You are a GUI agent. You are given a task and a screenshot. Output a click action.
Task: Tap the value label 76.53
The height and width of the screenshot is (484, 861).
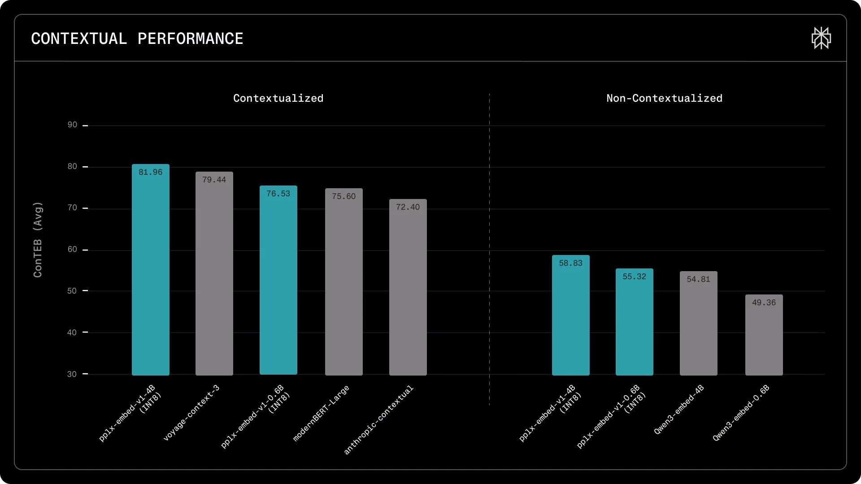click(x=278, y=194)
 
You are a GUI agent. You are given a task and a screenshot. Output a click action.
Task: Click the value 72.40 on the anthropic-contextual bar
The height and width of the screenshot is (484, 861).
click(x=408, y=207)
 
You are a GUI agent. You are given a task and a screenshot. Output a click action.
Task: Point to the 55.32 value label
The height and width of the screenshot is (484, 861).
click(x=634, y=277)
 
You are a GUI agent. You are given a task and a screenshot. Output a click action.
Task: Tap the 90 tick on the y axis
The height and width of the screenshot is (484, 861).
click(x=72, y=125)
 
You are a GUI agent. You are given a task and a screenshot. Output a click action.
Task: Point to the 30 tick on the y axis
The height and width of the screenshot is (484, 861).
click(x=72, y=374)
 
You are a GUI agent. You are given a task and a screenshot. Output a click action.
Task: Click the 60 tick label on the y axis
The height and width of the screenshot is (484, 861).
click(x=72, y=249)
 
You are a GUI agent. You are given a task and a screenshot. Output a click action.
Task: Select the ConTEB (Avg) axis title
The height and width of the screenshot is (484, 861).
click(x=38, y=240)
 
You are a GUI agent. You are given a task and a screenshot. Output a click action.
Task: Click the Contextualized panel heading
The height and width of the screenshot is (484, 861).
click(x=278, y=98)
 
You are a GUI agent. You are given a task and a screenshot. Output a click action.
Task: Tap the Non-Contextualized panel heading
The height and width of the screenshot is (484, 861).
click(x=664, y=98)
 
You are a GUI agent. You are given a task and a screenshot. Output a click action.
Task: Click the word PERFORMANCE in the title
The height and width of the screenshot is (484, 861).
click(x=190, y=39)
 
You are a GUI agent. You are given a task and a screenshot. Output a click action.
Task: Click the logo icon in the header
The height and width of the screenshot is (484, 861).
click(x=821, y=38)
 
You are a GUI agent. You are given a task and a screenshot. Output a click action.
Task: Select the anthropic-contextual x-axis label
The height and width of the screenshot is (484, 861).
click(x=378, y=420)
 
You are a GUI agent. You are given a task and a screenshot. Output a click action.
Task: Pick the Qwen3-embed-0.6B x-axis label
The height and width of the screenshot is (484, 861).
click(x=741, y=413)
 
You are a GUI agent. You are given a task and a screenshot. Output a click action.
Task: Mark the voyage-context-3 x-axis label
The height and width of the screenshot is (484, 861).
click(x=191, y=413)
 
